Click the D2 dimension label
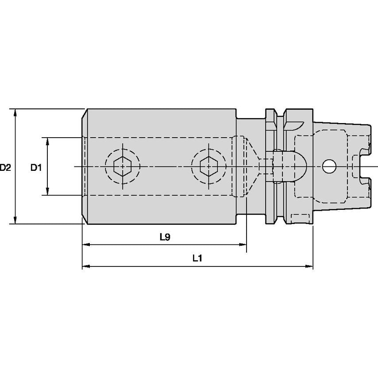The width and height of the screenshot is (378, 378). tap(5, 167)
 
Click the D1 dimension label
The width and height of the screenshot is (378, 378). tap(36, 167)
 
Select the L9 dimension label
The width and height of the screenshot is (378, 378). tap(165, 237)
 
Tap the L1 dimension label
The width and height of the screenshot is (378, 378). tap(197, 258)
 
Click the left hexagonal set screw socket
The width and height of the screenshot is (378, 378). tap(123, 166)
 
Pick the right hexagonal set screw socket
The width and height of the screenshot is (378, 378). tap(209, 166)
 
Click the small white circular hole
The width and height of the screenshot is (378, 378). tap(329, 166)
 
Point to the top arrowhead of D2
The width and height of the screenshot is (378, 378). tap(15, 113)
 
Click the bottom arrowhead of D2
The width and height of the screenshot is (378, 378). tap(15, 220)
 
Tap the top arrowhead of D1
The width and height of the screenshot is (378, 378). tap(47, 142)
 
